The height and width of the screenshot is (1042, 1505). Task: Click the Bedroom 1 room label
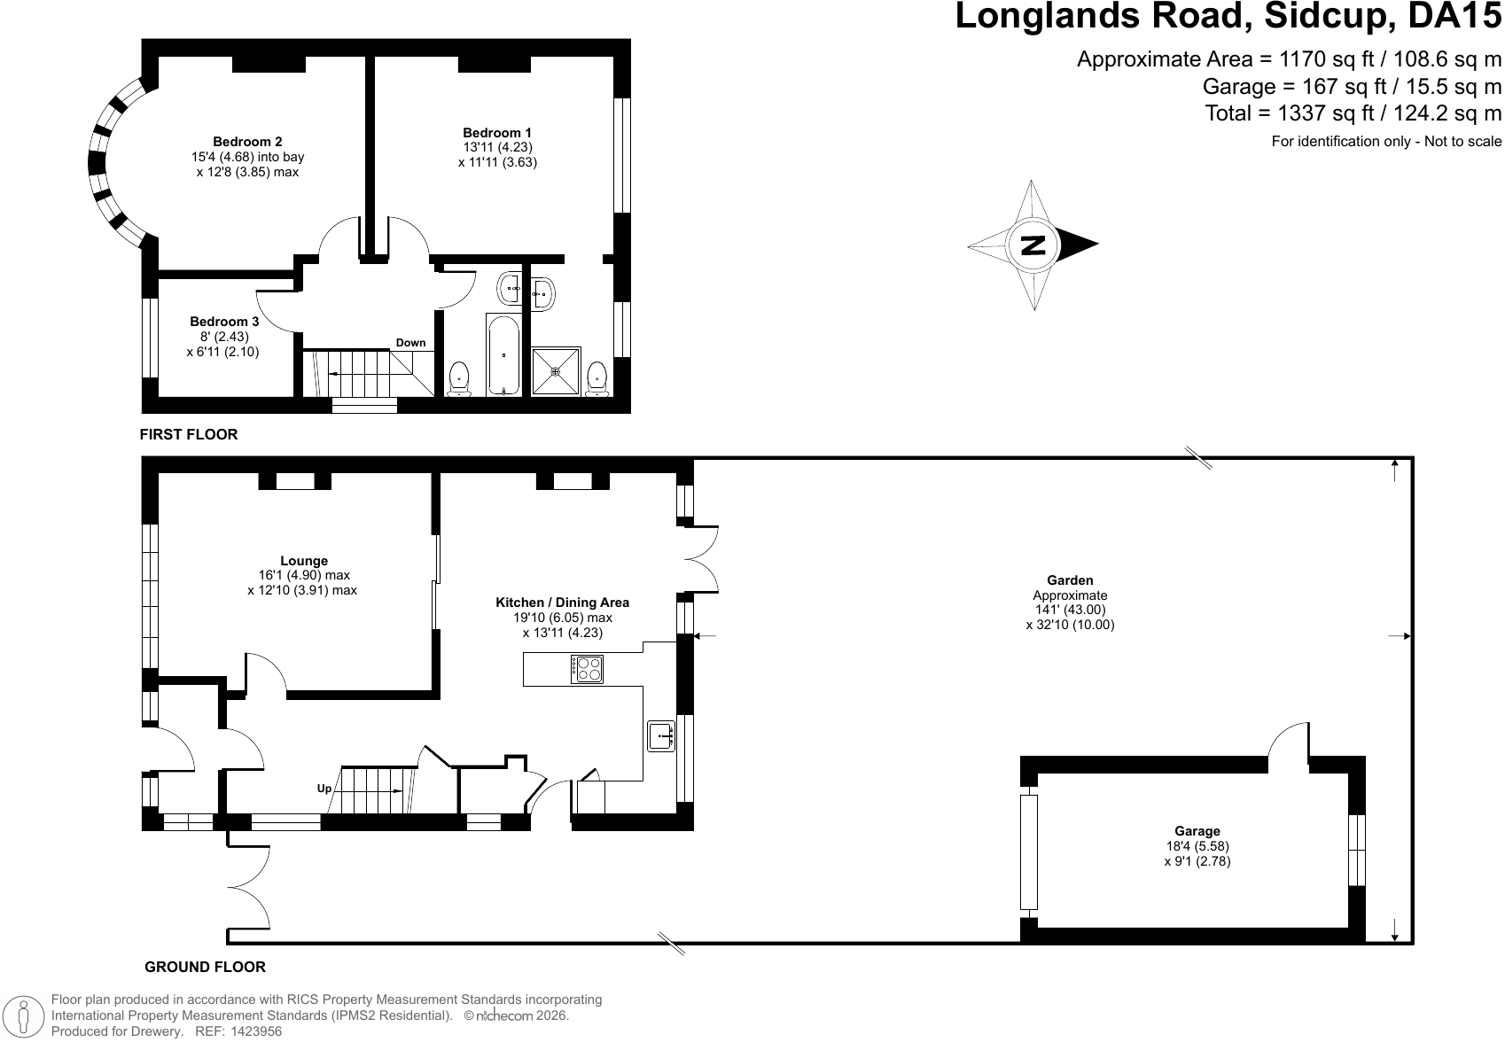point(496,133)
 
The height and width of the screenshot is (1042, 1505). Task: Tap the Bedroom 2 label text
point(247,142)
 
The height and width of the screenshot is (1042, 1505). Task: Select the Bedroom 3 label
point(223,322)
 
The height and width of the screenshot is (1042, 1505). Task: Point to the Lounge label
point(304,561)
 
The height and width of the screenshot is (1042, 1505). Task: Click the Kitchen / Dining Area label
point(562,603)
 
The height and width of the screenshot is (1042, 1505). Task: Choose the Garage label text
point(1197,831)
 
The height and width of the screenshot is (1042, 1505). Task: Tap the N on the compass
point(1033,245)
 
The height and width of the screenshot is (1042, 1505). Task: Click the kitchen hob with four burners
point(588,669)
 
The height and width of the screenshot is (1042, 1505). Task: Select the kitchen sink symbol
point(661,736)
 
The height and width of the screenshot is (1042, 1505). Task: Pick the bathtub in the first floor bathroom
point(503,354)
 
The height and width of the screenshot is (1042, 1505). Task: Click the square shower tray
point(556,371)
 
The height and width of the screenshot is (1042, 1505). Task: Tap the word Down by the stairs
point(410,343)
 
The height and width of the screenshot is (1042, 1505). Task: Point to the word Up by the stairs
point(324,789)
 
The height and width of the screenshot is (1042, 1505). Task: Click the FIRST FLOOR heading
point(189,435)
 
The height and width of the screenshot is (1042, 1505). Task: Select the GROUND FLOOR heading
point(205,967)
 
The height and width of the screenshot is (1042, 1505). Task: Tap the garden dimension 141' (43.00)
point(1071,610)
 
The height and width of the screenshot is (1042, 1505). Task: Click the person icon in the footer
point(24,1015)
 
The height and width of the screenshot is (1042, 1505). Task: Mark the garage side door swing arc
point(1280,734)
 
